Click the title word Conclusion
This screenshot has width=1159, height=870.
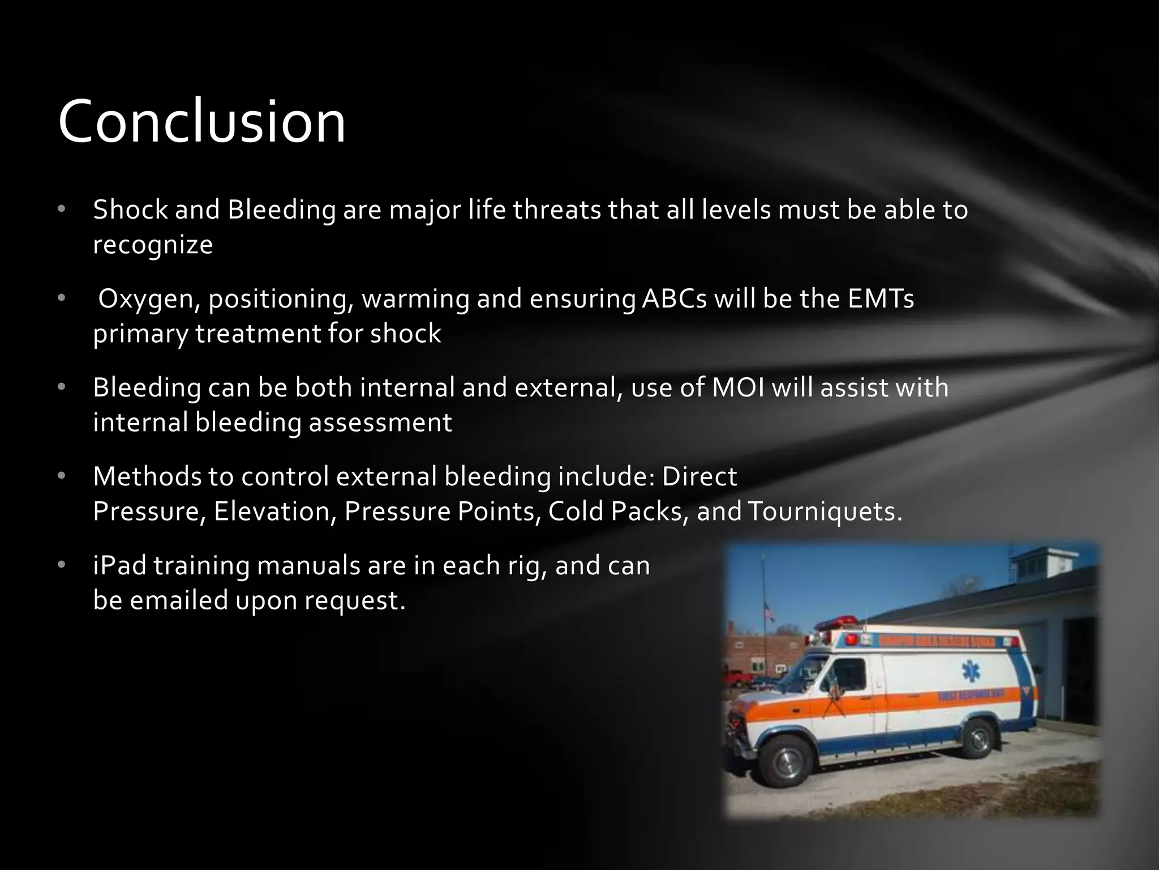point(201,121)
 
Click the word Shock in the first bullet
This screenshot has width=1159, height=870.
point(129,210)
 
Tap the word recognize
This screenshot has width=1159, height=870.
point(153,245)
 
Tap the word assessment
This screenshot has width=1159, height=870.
point(380,423)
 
